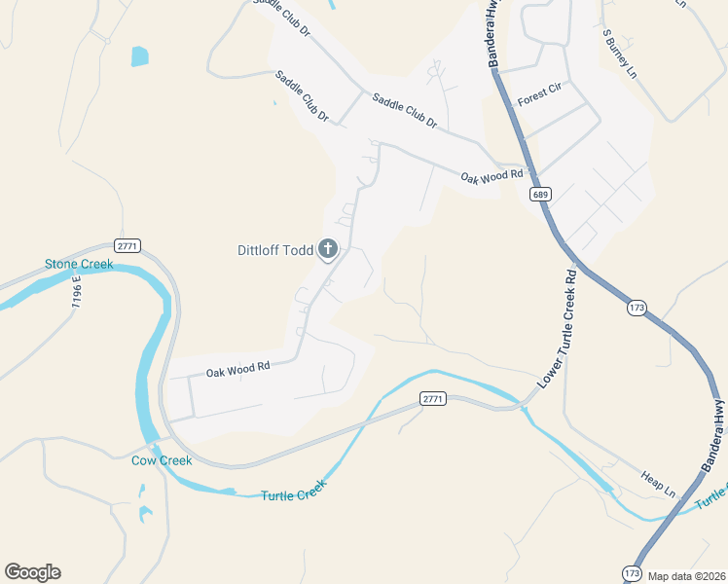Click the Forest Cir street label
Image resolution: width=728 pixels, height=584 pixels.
pyautogui.click(x=540, y=94)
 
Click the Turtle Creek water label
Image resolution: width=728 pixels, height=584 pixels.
pyautogui.click(x=291, y=495)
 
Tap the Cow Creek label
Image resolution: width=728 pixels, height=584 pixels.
pyautogui.click(x=162, y=460)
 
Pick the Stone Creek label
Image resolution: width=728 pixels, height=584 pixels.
pyautogui.click(x=79, y=265)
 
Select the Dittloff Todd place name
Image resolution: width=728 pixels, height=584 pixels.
pyautogui.click(x=275, y=250)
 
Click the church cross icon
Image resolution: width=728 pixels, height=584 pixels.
pyautogui.click(x=328, y=250)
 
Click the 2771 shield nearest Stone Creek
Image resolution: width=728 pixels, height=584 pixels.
pyautogui.click(x=127, y=244)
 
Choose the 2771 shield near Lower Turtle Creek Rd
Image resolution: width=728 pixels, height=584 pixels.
pyautogui.click(x=433, y=398)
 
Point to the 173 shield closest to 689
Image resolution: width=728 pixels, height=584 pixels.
pyautogui.click(x=637, y=308)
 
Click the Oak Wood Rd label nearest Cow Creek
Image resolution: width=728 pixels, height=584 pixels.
pyautogui.click(x=237, y=369)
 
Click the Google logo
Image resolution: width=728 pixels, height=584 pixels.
pyautogui.click(x=32, y=572)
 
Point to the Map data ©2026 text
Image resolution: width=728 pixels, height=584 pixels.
pyautogui.click(x=687, y=576)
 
